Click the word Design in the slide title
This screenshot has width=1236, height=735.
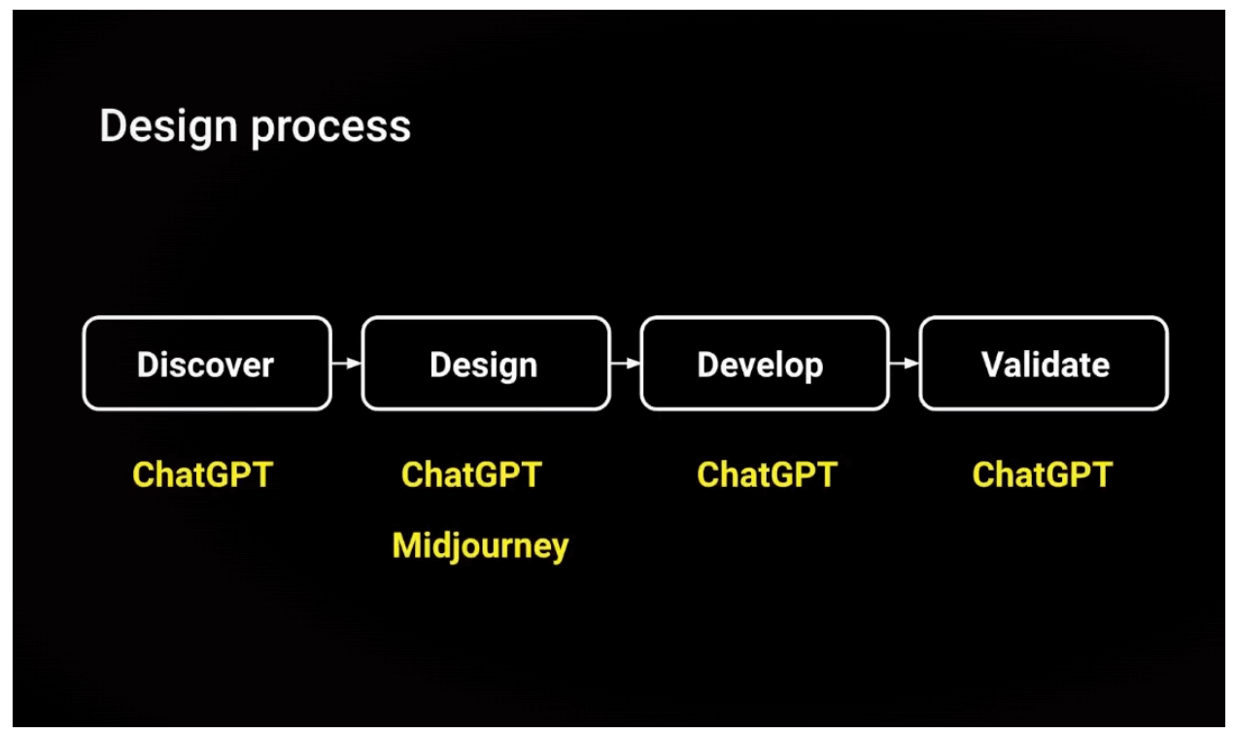click(x=168, y=127)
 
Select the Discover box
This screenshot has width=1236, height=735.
click(x=207, y=364)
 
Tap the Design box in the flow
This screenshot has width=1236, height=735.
click(x=486, y=364)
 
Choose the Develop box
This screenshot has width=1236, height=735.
click(x=765, y=364)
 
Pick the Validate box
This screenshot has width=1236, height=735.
click(x=1044, y=364)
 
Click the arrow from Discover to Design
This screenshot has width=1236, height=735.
click(x=347, y=364)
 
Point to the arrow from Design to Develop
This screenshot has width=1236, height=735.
click(x=626, y=364)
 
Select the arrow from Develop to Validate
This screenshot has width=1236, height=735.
click(x=905, y=364)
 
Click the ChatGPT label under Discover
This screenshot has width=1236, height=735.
click(x=203, y=475)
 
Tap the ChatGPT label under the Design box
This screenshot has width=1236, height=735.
click(x=471, y=475)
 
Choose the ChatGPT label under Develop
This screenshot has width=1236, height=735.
click(x=767, y=475)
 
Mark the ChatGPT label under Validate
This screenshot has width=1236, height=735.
click(x=1043, y=475)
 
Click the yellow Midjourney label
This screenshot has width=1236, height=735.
click(x=480, y=546)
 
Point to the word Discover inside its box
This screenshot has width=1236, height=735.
click(x=205, y=365)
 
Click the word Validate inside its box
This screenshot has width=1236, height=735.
click(x=1046, y=365)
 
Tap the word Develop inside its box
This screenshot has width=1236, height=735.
click(x=760, y=366)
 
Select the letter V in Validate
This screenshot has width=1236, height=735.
click(x=991, y=365)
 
